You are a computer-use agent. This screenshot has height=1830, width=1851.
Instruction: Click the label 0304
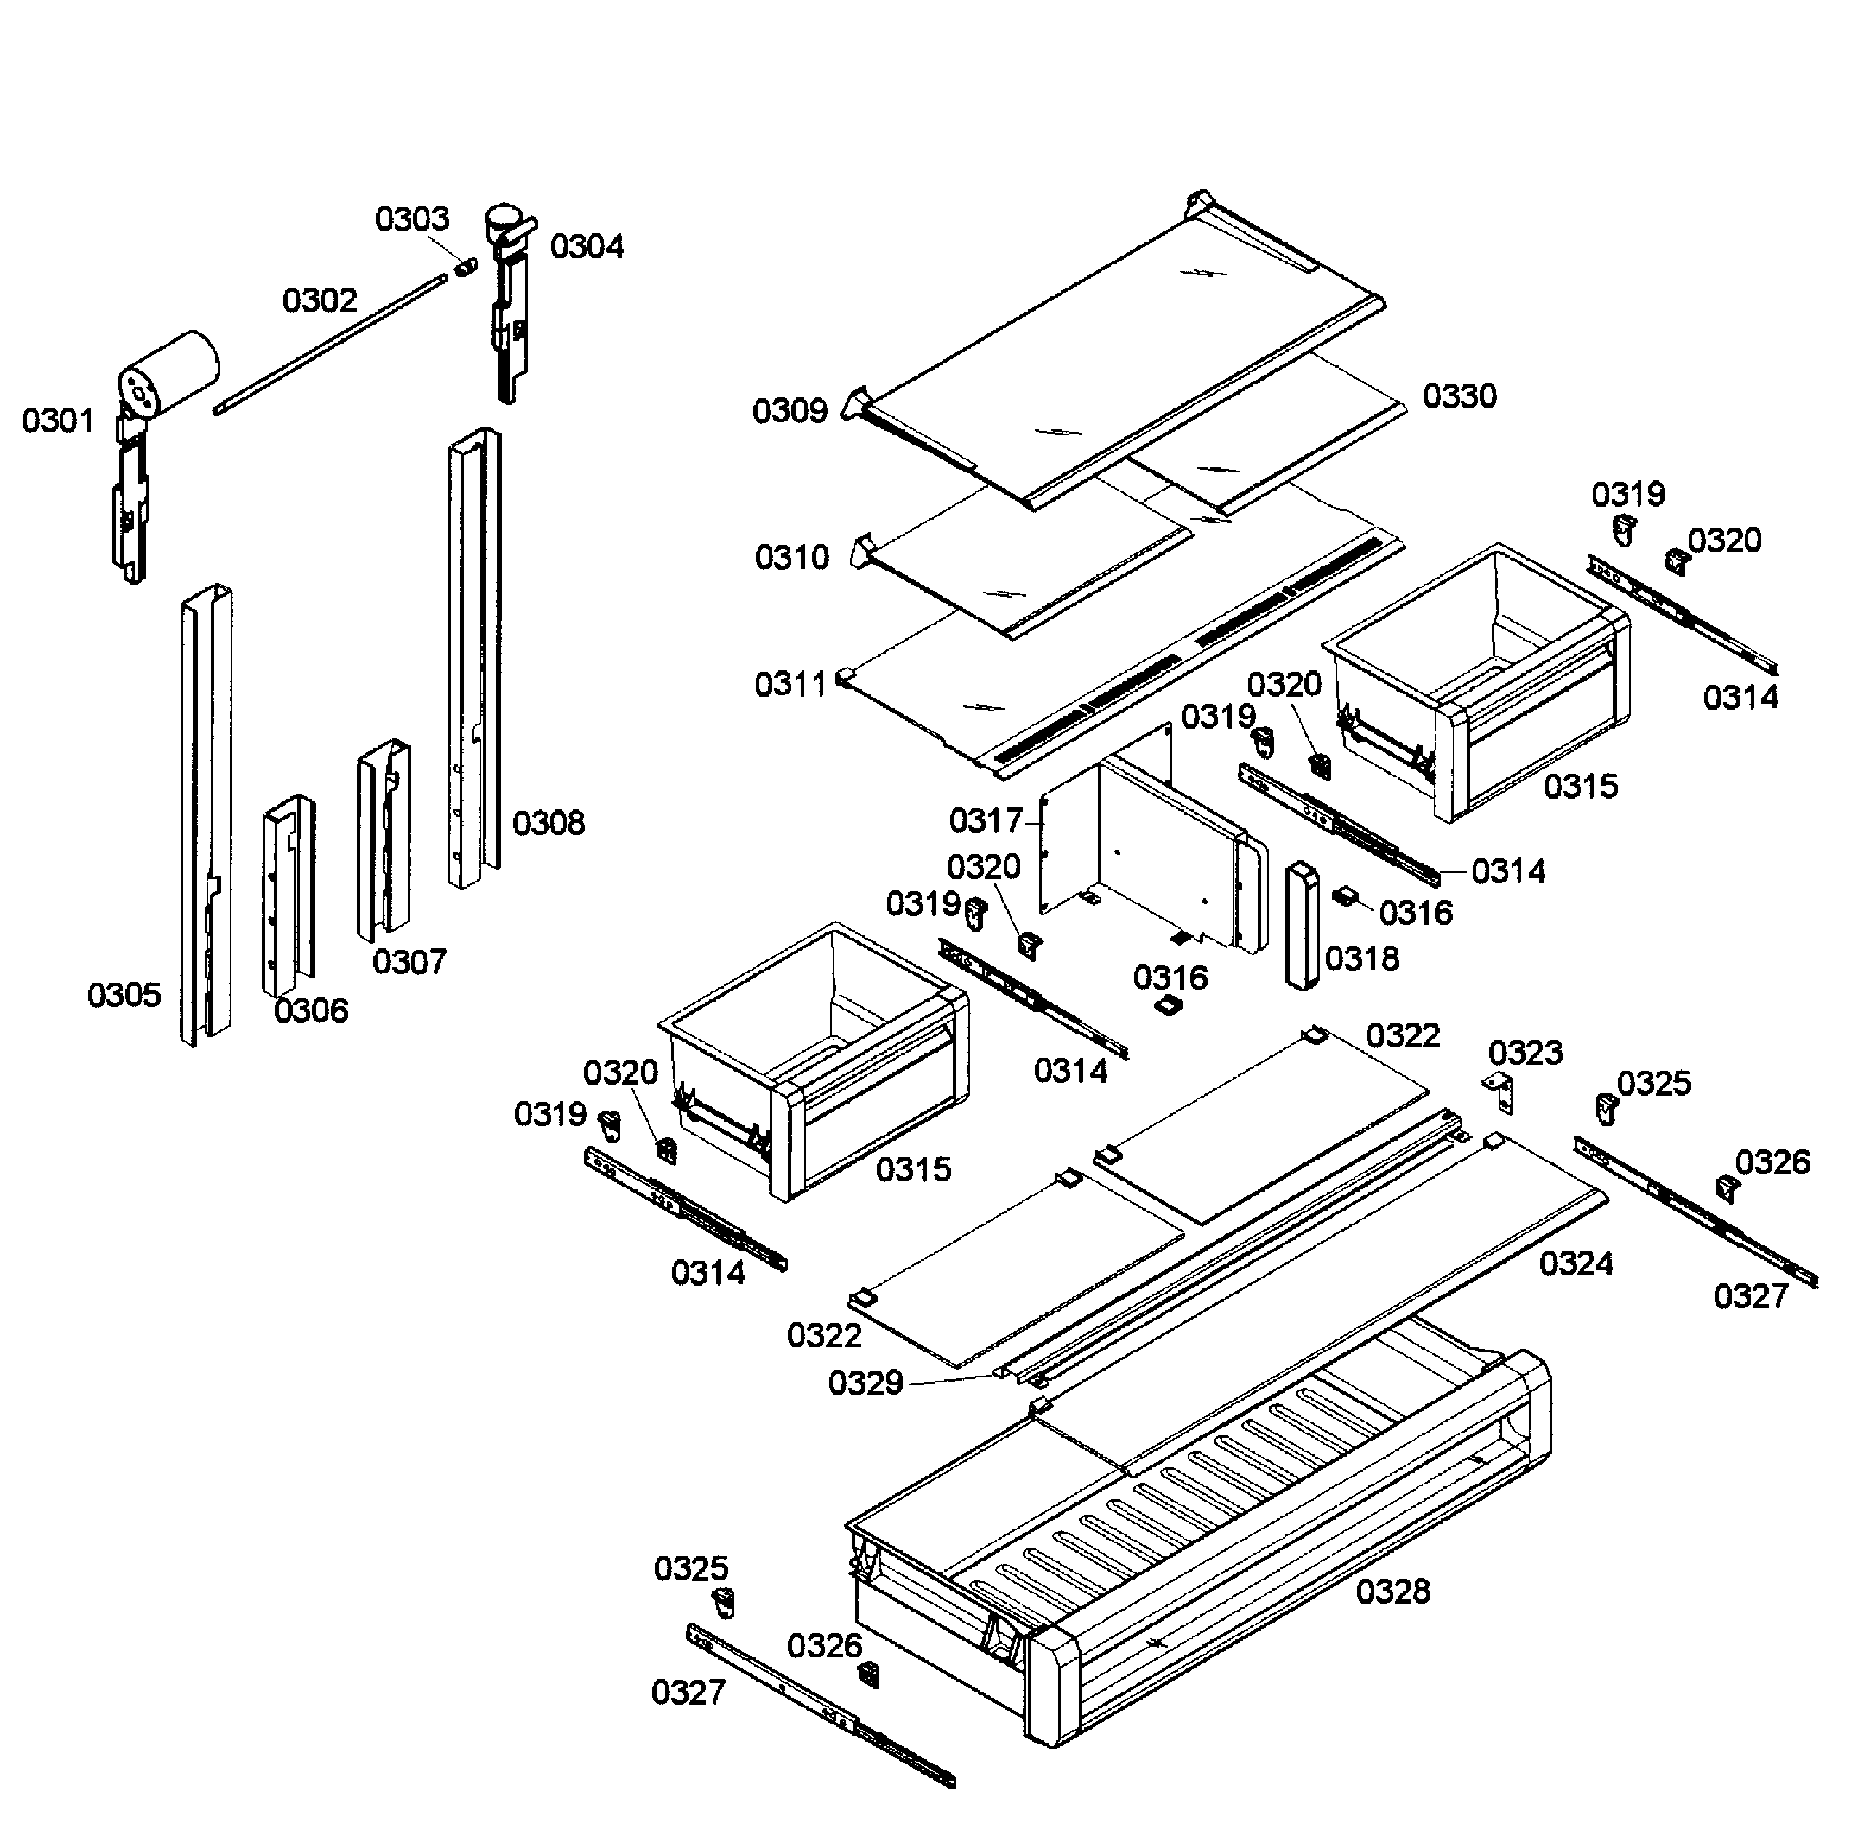tap(587, 247)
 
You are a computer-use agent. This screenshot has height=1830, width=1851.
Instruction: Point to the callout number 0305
tap(124, 996)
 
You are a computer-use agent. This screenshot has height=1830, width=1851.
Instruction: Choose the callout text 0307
tap(409, 962)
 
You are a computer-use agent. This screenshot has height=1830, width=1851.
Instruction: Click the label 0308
tap(548, 823)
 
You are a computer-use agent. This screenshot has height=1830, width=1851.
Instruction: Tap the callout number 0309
tap(790, 411)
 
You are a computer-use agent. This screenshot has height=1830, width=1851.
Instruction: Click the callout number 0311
tap(790, 685)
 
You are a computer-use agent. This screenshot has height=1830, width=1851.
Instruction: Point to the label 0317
tap(985, 821)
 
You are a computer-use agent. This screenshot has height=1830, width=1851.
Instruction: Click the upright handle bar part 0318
tap(1301, 924)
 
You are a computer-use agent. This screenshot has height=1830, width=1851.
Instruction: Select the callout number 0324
tap(1575, 1264)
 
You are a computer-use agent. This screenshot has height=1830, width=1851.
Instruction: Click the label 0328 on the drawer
tap(1392, 1591)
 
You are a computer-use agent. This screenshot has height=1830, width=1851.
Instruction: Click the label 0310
tap(791, 557)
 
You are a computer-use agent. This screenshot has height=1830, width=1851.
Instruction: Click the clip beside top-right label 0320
tap(1676, 563)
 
